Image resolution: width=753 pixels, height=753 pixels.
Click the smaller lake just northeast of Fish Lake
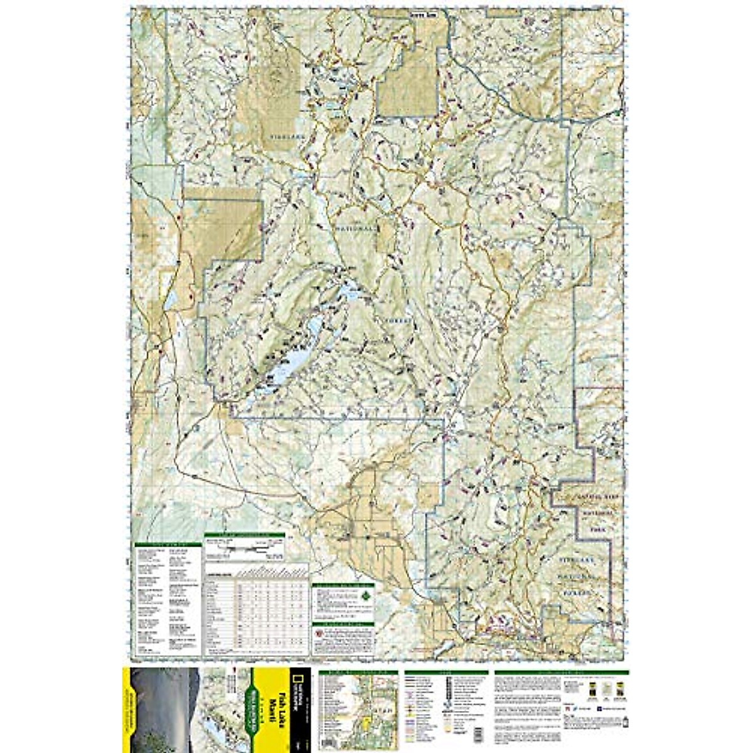click(x=347, y=292)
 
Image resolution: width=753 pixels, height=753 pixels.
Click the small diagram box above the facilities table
click(x=245, y=548)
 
